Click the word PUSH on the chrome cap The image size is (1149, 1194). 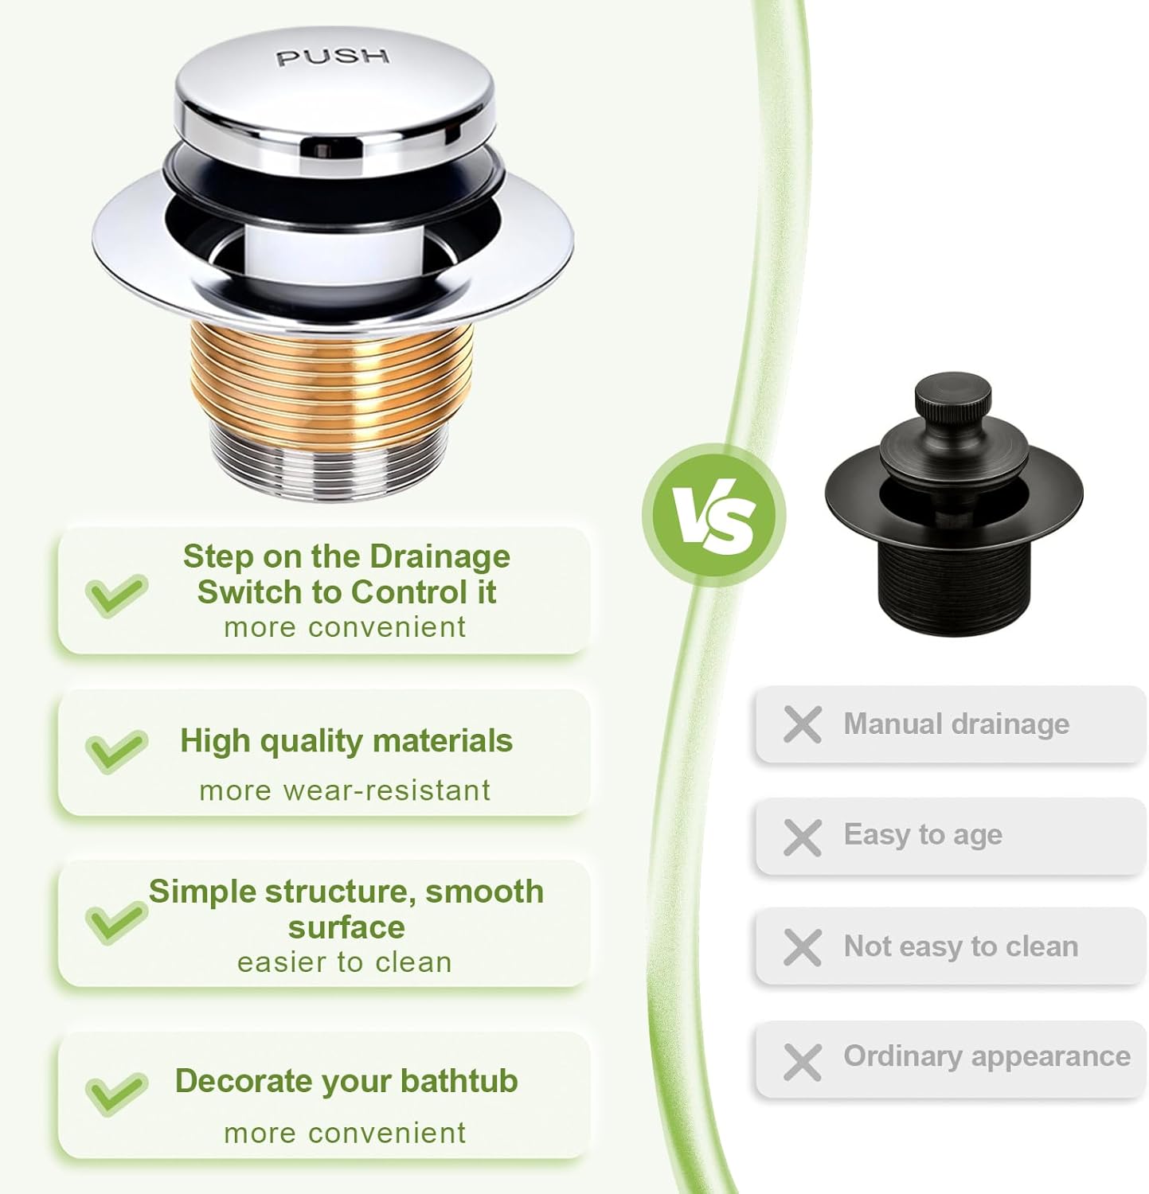point(333,57)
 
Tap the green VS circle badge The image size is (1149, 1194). point(714,515)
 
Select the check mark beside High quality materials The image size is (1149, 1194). point(116,750)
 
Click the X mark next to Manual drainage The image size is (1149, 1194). point(802,724)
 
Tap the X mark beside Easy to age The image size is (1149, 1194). point(802,837)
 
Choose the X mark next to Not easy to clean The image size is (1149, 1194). point(802,947)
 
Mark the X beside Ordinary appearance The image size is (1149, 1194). point(802,1062)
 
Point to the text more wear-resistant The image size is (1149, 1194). point(345,791)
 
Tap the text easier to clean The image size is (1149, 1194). point(345,963)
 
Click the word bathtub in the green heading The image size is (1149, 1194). point(459,1081)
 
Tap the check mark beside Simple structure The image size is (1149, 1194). point(116,922)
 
